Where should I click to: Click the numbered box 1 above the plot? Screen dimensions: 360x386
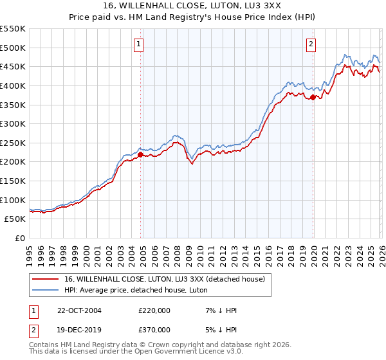(x=139, y=44)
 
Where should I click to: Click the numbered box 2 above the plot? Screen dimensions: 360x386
(x=311, y=44)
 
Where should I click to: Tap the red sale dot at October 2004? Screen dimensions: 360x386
(x=141, y=154)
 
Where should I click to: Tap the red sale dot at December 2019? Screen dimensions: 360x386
(x=313, y=97)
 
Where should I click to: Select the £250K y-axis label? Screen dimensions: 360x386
(x=13, y=143)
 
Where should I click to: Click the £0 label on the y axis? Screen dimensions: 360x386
(x=19, y=239)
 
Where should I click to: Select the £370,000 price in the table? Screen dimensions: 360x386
(x=154, y=330)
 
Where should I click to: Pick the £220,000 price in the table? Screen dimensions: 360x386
(x=154, y=310)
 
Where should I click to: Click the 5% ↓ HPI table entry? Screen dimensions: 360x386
(x=223, y=330)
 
